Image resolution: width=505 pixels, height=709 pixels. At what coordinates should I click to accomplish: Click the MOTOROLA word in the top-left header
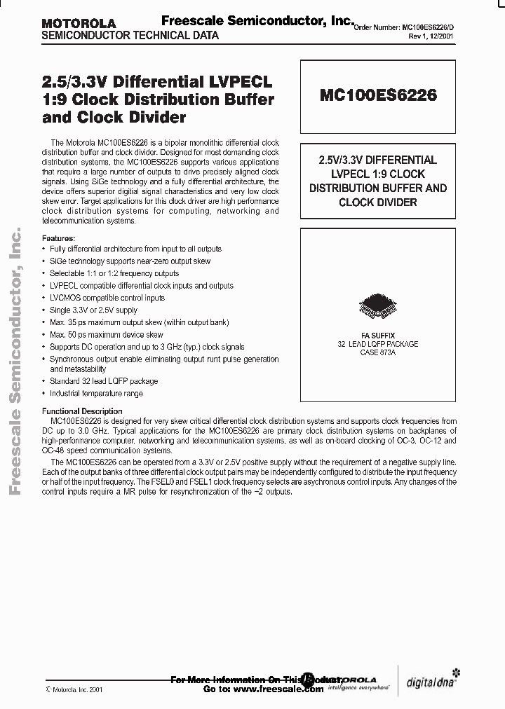pyautogui.click(x=79, y=24)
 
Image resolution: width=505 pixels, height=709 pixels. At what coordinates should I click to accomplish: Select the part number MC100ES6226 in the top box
pyautogui.click(x=378, y=95)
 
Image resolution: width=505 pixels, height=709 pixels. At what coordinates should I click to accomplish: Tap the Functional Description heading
pyautogui.click(x=82, y=411)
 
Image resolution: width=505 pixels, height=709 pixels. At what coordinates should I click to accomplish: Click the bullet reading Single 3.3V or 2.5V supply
pyautogui.click(x=93, y=310)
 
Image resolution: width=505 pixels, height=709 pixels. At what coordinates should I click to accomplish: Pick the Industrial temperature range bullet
pyautogui.click(x=96, y=394)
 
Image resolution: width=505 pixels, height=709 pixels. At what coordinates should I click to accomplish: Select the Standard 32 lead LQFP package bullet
pyautogui.click(x=104, y=381)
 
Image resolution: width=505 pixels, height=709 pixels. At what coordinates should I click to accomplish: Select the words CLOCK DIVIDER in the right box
pyautogui.click(x=378, y=202)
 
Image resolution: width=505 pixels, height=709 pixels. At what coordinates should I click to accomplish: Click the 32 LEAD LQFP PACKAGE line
pyautogui.click(x=378, y=344)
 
